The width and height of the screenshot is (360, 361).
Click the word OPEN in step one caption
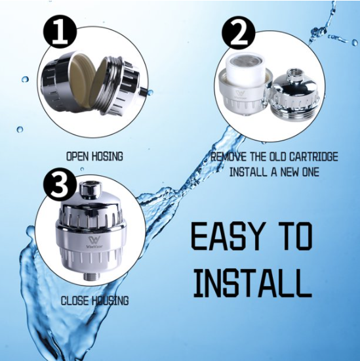coord(81,157)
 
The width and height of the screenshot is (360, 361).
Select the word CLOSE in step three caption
coord(77,301)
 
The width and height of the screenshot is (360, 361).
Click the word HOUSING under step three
coord(111,301)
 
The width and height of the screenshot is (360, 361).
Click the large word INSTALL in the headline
coord(250,282)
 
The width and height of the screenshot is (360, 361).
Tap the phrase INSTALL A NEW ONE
coord(275,172)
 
